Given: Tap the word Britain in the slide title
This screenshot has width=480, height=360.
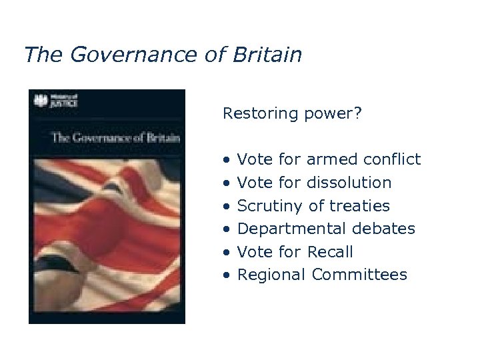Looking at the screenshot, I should pos(267,55).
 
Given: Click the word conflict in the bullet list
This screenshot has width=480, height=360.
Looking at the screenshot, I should pos(392,159).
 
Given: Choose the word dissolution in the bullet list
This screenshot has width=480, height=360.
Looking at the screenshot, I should pos(349,183).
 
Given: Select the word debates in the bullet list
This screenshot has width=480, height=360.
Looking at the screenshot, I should pos(382,229).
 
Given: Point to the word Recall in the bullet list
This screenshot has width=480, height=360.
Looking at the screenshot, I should pos(330,252).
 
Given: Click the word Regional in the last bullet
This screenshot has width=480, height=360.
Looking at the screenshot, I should pos(271,275).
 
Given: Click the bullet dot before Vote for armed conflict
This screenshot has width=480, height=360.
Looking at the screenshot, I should pos(227,161).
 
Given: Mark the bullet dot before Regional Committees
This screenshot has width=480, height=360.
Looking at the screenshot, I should pos(227,276).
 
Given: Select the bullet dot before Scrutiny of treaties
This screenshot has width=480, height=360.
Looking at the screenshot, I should pos(227,207).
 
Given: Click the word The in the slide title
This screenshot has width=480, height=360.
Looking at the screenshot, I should pos(43,55).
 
